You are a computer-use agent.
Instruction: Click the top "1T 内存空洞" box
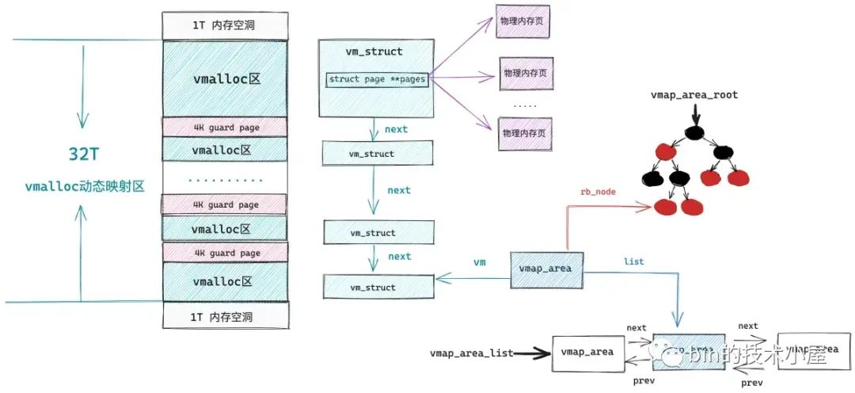coord(224,25)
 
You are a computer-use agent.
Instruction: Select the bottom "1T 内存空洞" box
coord(224,315)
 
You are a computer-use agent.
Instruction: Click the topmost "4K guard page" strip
coord(224,126)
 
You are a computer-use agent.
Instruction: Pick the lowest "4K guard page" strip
coord(224,253)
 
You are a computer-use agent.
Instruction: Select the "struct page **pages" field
coord(377,79)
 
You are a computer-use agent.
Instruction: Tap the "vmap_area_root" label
coord(693,95)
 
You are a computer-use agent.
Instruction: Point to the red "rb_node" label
coord(598,191)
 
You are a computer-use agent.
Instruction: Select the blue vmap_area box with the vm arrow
coord(546,268)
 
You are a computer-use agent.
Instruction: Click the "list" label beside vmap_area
coord(634,261)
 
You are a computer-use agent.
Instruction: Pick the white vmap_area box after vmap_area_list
coord(587,351)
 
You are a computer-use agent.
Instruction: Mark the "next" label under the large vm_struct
coord(395,128)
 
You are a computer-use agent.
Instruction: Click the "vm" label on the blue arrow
coord(479,261)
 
